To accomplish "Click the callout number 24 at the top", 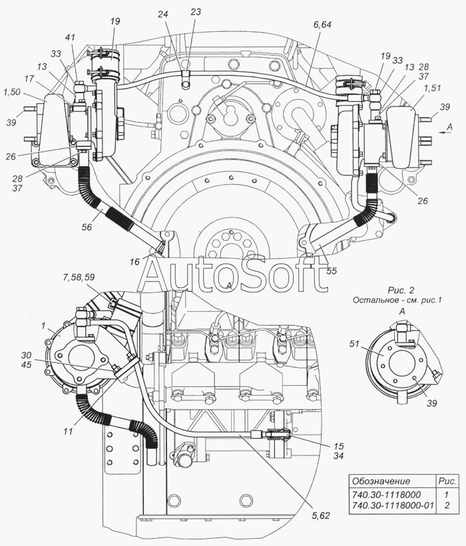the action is click(x=163, y=14).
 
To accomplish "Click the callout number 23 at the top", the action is click(x=196, y=12).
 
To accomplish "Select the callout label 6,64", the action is click(x=322, y=25).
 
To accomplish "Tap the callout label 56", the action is click(x=87, y=227).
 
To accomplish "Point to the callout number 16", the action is click(x=134, y=262).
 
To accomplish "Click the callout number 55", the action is click(x=332, y=270).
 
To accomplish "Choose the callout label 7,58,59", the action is click(x=79, y=277).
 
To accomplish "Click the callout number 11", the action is click(x=69, y=431).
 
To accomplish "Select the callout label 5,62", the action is click(x=320, y=515).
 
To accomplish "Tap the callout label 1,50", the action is click(x=11, y=92).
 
